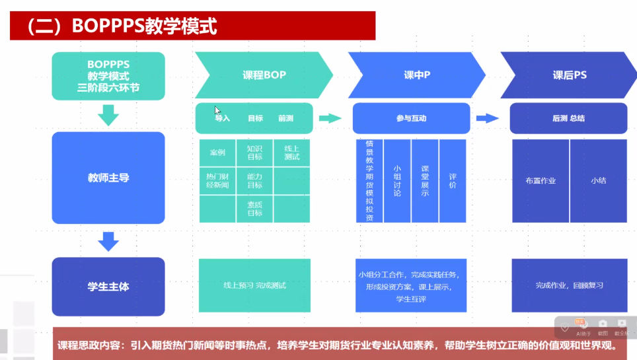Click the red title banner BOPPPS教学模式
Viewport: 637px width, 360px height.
192,26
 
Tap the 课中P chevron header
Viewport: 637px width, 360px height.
416,75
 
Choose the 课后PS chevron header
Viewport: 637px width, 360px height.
569,75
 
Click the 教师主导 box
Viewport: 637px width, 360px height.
108,178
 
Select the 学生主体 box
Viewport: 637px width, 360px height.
108,287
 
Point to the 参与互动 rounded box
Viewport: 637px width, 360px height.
411,118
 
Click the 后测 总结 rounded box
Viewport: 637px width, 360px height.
568,118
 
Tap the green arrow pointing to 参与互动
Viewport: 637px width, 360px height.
330,118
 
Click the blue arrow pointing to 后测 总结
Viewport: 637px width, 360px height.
487,118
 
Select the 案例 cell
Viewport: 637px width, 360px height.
217,153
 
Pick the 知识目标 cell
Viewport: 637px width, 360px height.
254,153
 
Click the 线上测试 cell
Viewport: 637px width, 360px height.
291,153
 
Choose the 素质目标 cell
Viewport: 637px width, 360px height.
254,209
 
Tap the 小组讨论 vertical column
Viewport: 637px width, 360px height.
396,180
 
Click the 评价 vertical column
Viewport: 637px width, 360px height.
453,180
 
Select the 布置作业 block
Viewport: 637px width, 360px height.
541,180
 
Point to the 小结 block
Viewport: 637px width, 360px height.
598,180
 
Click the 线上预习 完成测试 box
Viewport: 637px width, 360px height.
254,285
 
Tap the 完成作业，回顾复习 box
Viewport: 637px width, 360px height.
569,285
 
